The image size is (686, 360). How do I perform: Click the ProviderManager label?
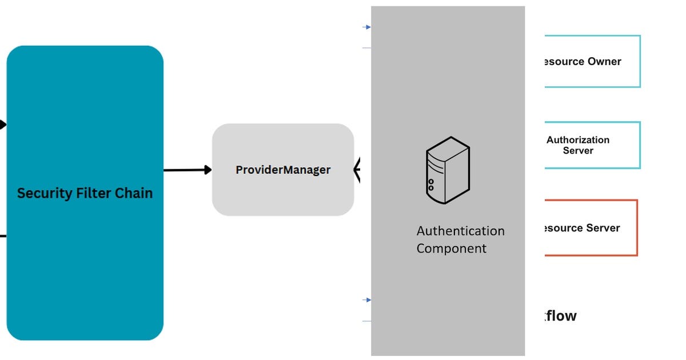coord(283,170)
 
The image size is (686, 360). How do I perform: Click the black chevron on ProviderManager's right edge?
coord(357,170)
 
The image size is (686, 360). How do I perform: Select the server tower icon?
coord(448,170)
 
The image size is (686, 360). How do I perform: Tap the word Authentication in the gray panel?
coord(460,231)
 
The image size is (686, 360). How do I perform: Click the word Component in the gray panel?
coord(451,249)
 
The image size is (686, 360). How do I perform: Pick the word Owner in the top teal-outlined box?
coord(604,62)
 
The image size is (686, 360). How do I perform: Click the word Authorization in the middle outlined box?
coord(578,140)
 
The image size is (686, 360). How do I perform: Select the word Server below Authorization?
coord(578,151)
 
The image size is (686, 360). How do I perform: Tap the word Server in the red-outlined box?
coord(602,228)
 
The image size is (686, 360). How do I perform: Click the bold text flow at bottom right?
coord(560,315)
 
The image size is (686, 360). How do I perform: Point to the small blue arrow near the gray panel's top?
coord(368,27)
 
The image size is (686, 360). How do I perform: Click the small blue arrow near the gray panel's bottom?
coord(368,300)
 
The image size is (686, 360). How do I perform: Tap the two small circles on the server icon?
coord(431,185)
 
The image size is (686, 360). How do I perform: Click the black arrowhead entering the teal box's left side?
coord(2,124)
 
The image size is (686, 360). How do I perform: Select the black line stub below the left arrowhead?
coord(3,235)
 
